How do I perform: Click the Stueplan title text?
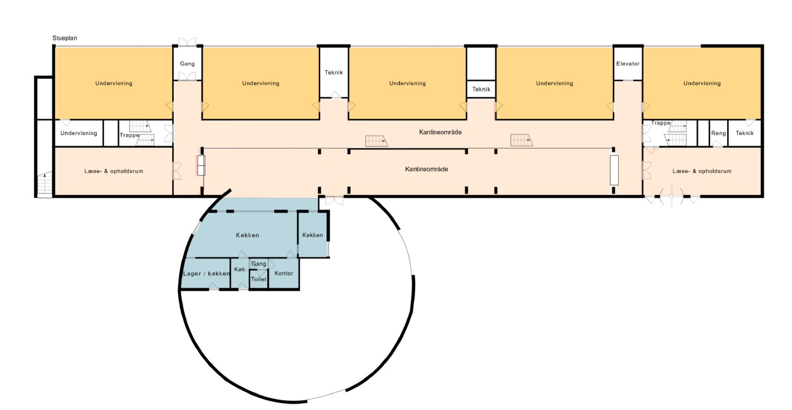(65, 38)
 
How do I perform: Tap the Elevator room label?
(628, 64)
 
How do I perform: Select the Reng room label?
(718, 133)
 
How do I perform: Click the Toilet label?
(258, 279)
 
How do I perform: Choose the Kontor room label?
(283, 273)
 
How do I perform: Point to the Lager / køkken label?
(206, 273)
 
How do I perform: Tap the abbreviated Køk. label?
(240, 269)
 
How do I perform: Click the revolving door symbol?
(671, 196)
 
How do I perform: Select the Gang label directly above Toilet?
(258, 264)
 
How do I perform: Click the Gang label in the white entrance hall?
(187, 64)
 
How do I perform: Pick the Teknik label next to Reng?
(745, 133)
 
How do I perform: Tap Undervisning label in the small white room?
(79, 133)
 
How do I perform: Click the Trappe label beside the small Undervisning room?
(129, 135)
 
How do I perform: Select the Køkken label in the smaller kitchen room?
(313, 235)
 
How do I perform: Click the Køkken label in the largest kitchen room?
(248, 235)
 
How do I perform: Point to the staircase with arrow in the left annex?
(45, 184)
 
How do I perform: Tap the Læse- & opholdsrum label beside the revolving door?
(702, 171)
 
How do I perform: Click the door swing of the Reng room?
(718, 144)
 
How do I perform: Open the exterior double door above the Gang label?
(187, 41)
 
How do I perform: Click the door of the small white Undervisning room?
(65, 123)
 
